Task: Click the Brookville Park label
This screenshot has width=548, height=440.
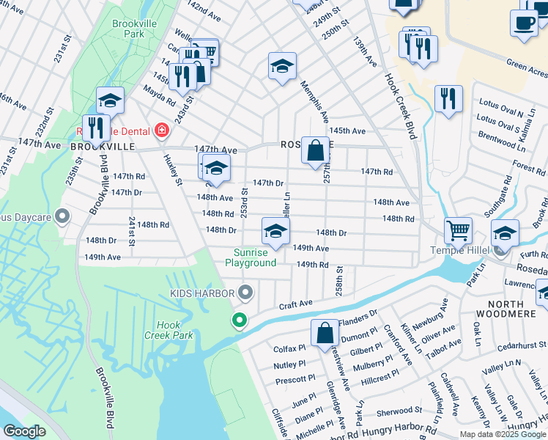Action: pos(131,29)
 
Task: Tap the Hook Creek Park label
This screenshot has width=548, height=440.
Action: pos(173,330)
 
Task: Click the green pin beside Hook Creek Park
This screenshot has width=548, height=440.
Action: pos(239,320)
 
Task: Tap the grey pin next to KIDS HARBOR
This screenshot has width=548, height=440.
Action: pos(246,293)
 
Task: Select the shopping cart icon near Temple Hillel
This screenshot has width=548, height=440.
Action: pos(458,230)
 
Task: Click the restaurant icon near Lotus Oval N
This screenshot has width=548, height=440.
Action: pos(448,98)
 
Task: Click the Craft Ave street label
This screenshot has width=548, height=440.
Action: pos(295,304)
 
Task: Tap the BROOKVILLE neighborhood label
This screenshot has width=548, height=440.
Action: pos(103,147)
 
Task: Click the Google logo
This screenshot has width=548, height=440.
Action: pos(25,431)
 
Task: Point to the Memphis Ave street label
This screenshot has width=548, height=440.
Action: pos(314,103)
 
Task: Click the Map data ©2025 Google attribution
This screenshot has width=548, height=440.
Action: pos(503,434)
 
